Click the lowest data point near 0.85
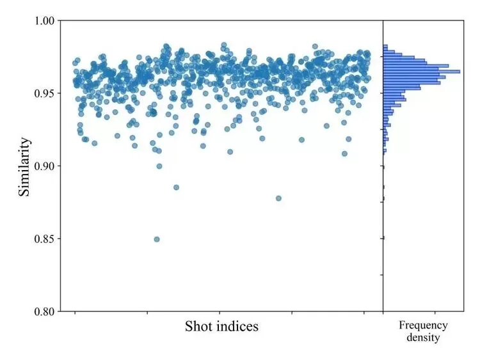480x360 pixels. click(x=157, y=239)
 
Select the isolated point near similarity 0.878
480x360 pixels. click(x=278, y=198)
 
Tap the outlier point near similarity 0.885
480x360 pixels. click(x=176, y=187)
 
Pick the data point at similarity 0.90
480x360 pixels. click(x=159, y=166)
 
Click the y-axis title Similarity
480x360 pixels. click(x=24, y=166)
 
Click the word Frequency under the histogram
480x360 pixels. click(x=423, y=325)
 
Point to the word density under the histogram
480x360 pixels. click(x=423, y=337)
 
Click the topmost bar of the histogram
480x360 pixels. click(x=385, y=46)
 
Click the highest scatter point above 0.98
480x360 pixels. click(x=223, y=45)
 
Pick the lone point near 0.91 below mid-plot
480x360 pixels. click(x=230, y=152)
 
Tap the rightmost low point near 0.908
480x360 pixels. click(x=344, y=153)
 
